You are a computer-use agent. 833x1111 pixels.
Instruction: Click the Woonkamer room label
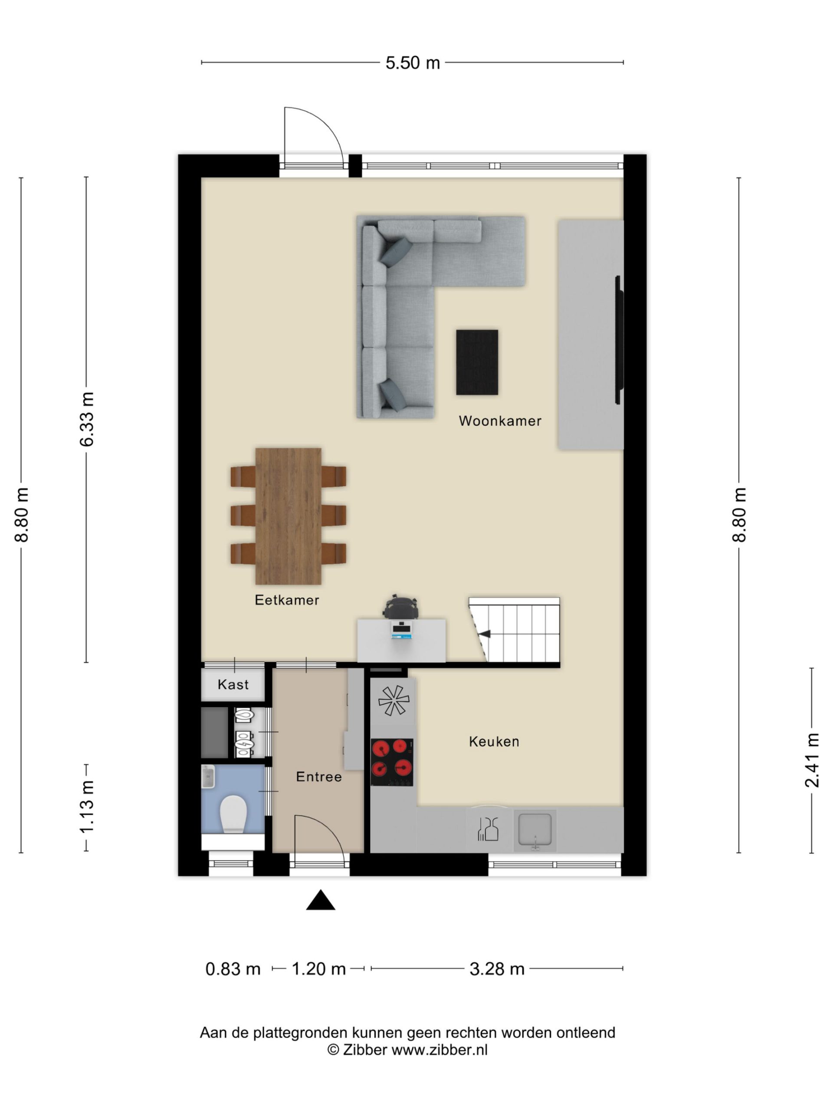click(x=500, y=421)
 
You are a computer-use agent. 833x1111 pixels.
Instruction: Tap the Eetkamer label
click(x=287, y=600)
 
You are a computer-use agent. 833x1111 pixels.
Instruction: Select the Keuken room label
click(x=494, y=741)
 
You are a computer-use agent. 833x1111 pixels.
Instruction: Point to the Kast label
click(x=233, y=684)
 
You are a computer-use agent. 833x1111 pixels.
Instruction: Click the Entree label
click(x=319, y=776)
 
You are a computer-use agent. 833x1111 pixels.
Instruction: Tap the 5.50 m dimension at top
click(x=413, y=63)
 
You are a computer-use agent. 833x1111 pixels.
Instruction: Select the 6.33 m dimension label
click(x=86, y=419)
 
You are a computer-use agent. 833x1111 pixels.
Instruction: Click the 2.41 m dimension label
click(x=812, y=760)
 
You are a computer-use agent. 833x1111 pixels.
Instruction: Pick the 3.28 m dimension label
click(x=497, y=969)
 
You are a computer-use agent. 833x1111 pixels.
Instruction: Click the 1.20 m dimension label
click(x=319, y=969)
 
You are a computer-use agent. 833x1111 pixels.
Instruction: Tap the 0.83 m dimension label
click(x=233, y=969)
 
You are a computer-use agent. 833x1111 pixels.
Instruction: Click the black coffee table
click(x=477, y=362)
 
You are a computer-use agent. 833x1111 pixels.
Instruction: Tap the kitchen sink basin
click(x=535, y=830)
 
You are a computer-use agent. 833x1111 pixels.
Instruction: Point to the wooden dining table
click(x=288, y=516)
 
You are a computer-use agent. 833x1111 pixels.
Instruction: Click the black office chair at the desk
click(x=400, y=607)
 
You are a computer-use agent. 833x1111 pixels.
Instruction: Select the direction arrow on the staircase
click(x=484, y=634)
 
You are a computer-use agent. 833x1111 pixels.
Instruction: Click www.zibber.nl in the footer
click(x=439, y=1050)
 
